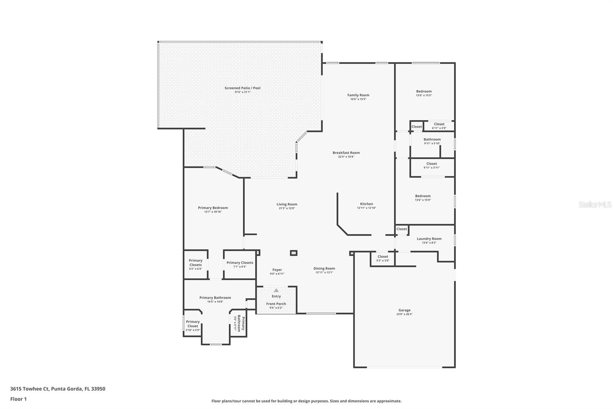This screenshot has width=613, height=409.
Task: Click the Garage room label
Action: click(x=404, y=310)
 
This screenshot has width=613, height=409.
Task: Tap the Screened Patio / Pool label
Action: click(x=242, y=88)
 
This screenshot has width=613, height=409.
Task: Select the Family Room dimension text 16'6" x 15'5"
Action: click(x=358, y=99)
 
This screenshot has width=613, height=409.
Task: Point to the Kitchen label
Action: click(x=366, y=204)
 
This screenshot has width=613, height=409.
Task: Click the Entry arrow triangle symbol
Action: click(x=276, y=290)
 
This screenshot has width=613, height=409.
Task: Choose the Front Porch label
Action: click(x=276, y=303)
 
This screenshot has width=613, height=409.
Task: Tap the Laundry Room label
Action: click(x=429, y=239)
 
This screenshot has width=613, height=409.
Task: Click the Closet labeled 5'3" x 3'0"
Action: click(x=383, y=258)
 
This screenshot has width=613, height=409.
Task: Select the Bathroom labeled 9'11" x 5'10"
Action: click(x=432, y=141)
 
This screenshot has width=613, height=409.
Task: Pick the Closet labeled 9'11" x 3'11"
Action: click(x=431, y=165)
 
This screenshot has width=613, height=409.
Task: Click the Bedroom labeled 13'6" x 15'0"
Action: click(x=423, y=197)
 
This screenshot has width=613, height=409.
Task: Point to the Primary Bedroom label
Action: click(x=213, y=208)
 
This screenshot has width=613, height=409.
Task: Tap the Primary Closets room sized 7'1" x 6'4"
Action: click(x=239, y=264)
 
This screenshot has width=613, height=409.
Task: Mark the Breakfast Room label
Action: click(x=346, y=153)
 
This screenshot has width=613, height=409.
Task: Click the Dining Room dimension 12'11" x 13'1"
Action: click(x=324, y=272)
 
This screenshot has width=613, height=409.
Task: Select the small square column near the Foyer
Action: click(x=293, y=253)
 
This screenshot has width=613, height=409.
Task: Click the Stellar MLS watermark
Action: click(x=595, y=205)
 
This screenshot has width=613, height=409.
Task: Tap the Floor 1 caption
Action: click(x=18, y=399)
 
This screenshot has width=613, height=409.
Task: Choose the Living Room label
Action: click(x=287, y=204)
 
